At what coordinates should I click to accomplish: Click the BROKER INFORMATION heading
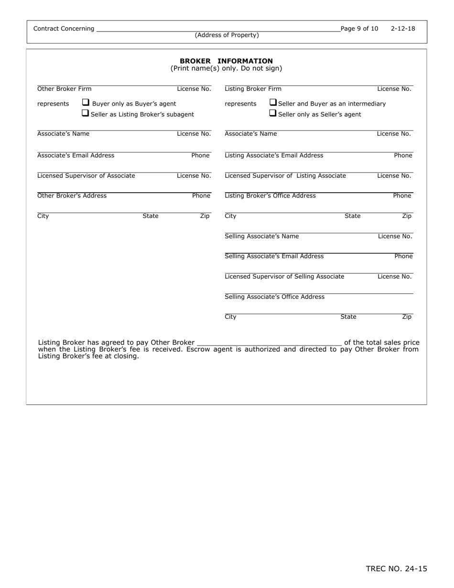[226, 61]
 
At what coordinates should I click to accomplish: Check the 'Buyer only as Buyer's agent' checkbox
[86, 102]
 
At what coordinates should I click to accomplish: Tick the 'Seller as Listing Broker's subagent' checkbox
[85, 114]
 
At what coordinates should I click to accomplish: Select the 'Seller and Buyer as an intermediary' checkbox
[273, 102]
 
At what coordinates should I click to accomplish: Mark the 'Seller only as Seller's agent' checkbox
[273, 114]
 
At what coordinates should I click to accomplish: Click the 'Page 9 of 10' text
[359, 29]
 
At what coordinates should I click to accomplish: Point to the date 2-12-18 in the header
[403, 29]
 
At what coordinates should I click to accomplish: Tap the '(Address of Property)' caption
[227, 35]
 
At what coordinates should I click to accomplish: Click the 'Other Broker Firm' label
[64, 89]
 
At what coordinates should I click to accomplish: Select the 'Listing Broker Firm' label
[253, 89]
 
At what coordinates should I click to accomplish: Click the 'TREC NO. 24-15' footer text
[396, 569]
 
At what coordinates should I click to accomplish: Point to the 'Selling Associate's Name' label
[261, 236]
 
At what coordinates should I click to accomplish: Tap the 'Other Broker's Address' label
[72, 196]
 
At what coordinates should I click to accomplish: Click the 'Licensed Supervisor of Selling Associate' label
[284, 276]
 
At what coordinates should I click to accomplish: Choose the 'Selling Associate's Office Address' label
[274, 297]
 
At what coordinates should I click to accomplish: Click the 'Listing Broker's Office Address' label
[270, 196]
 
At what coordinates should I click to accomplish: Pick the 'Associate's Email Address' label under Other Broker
[76, 155]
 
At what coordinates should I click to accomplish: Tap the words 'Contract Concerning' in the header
[64, 29]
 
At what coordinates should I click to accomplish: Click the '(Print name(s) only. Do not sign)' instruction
[226, 69]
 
